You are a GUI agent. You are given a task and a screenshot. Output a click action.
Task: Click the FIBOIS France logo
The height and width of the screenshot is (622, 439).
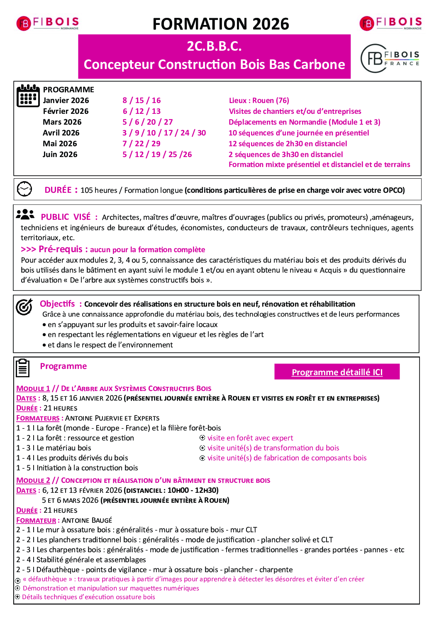[390, 59]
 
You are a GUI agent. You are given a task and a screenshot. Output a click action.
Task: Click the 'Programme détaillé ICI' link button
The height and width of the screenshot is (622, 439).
[337, 372]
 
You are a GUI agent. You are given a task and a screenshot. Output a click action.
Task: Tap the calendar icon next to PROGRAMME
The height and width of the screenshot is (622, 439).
[28, 96]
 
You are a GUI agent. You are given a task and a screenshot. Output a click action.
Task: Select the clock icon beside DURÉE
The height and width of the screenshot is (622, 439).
[24, 189]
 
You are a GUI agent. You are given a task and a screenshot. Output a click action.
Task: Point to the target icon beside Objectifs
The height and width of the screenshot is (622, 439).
[24, 307]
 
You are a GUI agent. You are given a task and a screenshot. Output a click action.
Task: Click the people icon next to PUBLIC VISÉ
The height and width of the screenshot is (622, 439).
[25, 215]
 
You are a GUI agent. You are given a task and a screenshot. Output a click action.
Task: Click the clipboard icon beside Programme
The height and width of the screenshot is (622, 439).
[23, 368]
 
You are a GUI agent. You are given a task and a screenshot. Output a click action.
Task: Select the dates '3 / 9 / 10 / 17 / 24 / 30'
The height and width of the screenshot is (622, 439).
[164, 133]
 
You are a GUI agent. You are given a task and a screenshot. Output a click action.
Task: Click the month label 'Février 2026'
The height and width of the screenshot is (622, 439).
[66, 111]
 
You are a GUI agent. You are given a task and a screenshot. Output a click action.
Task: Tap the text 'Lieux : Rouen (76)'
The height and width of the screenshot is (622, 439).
[259, 101]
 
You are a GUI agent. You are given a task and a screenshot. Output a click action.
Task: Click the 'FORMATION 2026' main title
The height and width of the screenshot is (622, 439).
[221, 24]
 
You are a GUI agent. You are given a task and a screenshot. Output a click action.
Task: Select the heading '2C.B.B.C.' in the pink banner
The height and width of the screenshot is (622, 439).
[214, 46]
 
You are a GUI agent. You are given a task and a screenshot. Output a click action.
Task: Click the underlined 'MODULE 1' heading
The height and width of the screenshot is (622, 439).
[33, 388]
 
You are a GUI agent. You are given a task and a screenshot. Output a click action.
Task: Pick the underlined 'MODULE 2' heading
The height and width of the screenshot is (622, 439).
[33, 480]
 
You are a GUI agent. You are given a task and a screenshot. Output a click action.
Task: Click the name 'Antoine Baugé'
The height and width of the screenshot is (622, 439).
[87, 520]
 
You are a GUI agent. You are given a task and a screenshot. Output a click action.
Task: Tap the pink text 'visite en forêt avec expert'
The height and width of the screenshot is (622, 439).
[250, 438]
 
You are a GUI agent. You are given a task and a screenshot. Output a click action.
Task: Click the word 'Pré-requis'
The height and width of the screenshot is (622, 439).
[61, 249]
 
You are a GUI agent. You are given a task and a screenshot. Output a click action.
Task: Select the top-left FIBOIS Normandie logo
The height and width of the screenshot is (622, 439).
[47, 23]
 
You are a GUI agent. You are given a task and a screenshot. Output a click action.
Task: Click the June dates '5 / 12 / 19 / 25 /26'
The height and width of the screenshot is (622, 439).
[157, 155]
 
